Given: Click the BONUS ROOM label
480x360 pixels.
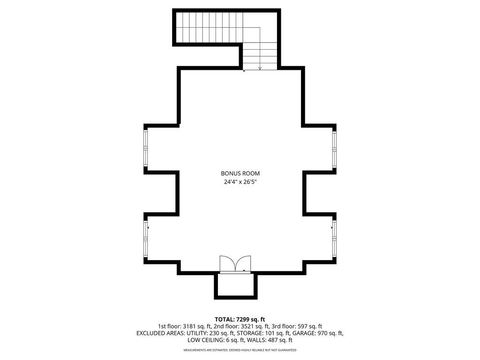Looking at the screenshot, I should pos(240,173).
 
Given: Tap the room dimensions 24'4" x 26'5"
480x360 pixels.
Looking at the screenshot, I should pos(240,182).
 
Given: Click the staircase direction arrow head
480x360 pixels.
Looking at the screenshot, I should pos(261,68).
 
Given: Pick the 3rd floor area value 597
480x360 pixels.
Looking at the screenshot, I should pos(308,325).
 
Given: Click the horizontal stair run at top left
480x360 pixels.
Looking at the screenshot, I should pos(210,27).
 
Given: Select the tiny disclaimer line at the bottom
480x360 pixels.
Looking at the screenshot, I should pos(240,350).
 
